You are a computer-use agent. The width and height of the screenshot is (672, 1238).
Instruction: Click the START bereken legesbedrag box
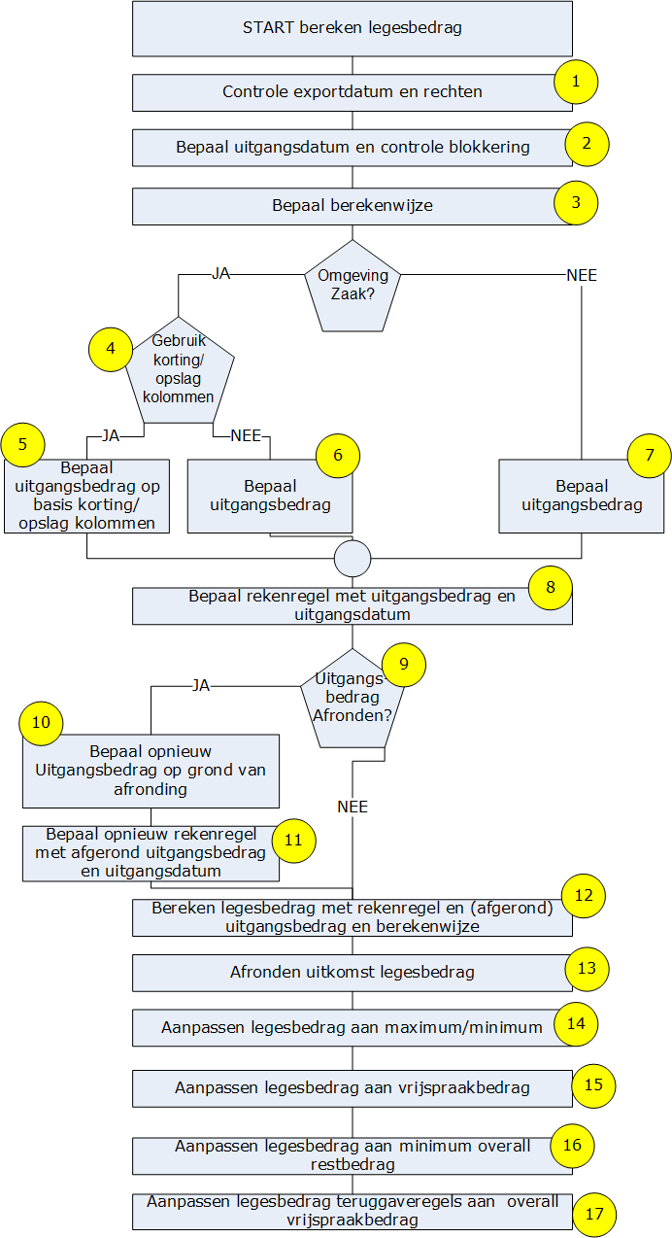(x=352, y=28)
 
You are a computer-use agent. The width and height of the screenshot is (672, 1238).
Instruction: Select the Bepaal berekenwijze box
(x=352, y=206)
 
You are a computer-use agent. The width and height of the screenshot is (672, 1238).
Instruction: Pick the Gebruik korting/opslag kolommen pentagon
(x=179, y=372)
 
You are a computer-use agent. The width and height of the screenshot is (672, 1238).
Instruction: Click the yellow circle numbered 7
(x=650, y=455)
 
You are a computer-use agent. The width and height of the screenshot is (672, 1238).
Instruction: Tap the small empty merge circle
(x=353, y=558)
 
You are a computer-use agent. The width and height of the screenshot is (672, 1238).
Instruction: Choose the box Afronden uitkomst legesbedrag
(x=352, y=973)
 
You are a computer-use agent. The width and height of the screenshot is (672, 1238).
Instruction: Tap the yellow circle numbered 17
(x=593, y=1214)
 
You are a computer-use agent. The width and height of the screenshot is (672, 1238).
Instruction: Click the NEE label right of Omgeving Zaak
(x=582, y=275)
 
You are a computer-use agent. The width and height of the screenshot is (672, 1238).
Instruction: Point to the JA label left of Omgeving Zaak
(x=220, y=275)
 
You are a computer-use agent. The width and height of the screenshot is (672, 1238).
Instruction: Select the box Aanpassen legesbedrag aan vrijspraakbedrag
(x=352, y=1088)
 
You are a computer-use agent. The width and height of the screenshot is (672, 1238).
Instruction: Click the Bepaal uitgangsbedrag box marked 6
(x=270, y=495)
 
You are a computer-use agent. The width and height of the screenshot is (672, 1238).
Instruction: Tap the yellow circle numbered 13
(x=587, y=969)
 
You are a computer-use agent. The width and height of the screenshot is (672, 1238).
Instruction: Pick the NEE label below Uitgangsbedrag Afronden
(x=353, y=807)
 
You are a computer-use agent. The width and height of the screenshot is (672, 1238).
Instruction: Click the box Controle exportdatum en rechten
(x=352, y=93)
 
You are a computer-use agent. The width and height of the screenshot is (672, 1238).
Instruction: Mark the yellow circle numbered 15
(x=593, y=1083)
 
